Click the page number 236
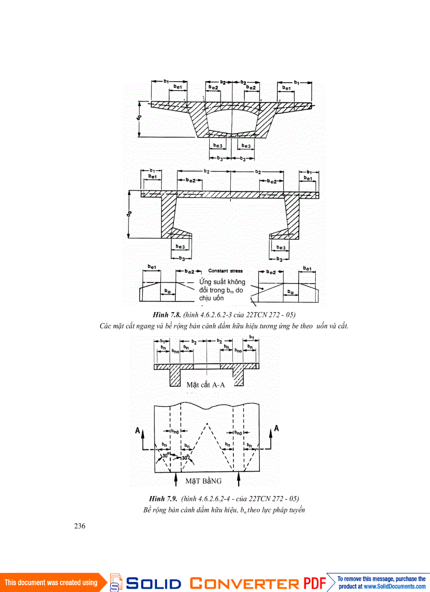point(79,526)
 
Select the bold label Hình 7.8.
point(165,315)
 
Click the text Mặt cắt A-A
point(206,385)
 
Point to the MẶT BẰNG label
point(203,481)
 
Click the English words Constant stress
point(225,271)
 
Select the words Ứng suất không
point(222,282)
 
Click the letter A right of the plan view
point(276,429)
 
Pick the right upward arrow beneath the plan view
point(239,480)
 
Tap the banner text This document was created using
point(51,583)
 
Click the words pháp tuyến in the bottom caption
point(290,510)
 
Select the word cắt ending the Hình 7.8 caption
point(343,326)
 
